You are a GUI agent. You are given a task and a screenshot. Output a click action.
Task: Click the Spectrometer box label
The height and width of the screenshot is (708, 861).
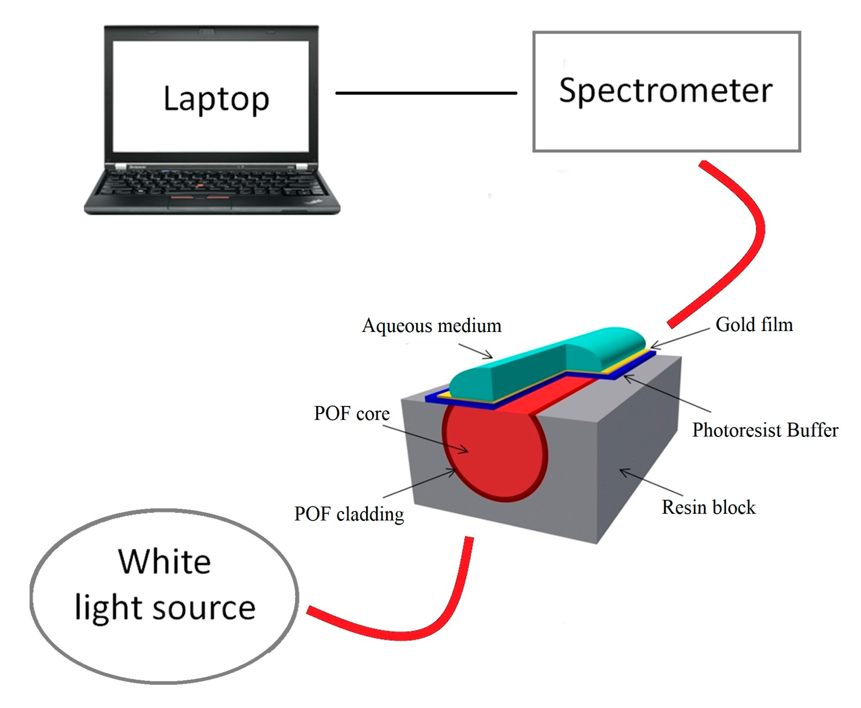665,91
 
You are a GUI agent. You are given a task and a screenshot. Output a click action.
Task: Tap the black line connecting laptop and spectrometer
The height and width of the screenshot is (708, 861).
426,93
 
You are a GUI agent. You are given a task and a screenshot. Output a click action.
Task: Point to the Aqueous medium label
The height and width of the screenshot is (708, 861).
431,326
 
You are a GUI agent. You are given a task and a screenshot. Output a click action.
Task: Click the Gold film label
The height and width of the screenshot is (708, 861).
754,324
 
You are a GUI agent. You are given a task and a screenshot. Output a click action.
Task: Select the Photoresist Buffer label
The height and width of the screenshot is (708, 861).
765,430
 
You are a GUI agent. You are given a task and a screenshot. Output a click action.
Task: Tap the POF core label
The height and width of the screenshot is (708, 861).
351,414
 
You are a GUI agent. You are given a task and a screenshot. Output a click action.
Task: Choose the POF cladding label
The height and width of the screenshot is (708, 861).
349,514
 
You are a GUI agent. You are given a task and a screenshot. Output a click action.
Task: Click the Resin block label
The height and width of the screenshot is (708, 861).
708,507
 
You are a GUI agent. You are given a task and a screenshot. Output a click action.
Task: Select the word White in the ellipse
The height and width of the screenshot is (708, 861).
164,562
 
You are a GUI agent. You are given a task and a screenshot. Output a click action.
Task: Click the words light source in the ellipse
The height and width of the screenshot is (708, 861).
165,608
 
